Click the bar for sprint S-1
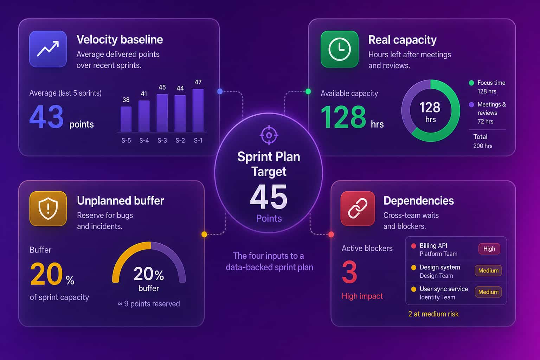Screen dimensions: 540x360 coord(198,110)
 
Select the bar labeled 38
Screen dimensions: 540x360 coord(126,119)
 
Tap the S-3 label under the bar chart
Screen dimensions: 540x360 coord(162,140)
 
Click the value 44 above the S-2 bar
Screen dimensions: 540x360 coord(180,88)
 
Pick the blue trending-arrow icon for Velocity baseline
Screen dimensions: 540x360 coord(48,49)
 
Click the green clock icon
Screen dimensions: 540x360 coord(339,49)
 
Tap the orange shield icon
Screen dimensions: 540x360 coord(48,208)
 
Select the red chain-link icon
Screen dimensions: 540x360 coord(358,208)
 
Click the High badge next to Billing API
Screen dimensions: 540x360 coord(489,249)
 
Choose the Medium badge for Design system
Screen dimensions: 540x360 coord(488,271)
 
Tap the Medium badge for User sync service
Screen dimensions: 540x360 coord(488,292)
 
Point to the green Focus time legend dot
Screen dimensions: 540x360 coord(471,83)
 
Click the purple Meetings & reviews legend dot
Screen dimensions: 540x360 coord(471,105)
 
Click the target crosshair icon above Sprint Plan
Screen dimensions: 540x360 coord(269,135)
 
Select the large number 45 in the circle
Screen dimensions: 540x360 coord(269,197)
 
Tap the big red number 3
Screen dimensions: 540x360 coord(349,272)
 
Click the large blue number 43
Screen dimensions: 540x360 coord(46,116)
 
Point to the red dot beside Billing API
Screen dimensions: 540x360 coord(413,246)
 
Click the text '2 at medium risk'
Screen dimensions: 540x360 coord(433,314)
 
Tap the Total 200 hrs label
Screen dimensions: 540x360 coord(483,141)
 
